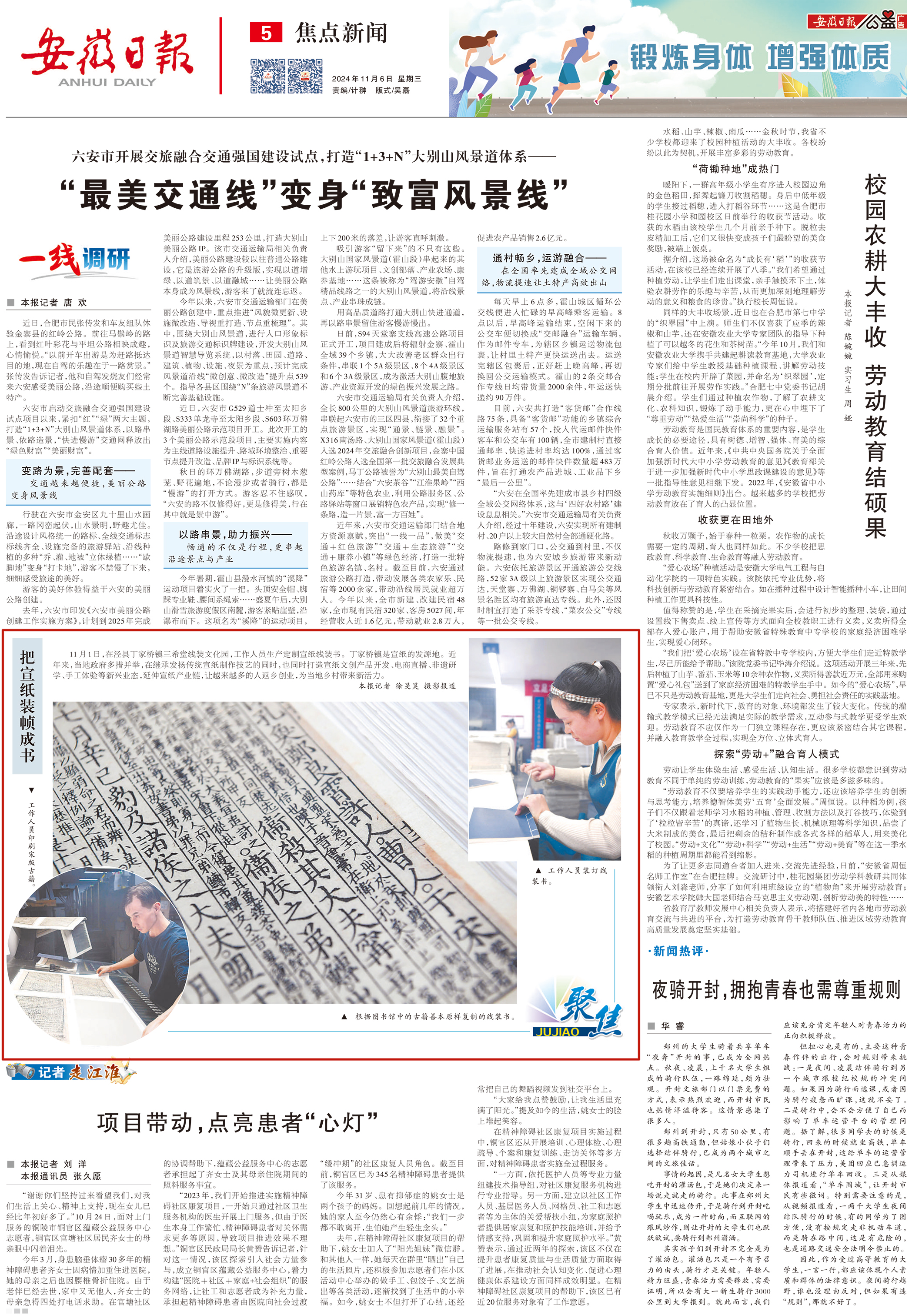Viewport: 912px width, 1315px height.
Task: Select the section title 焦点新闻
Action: (x=341, y=33)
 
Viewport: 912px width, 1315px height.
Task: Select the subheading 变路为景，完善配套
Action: (x=77, y=470)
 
